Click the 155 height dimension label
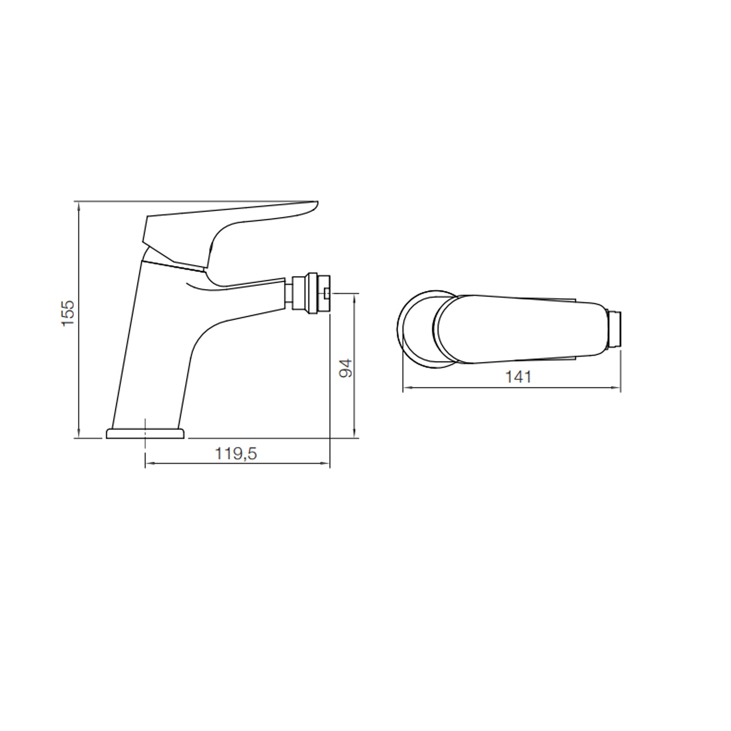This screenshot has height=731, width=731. click(68, 313)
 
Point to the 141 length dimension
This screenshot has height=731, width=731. click(518, 377)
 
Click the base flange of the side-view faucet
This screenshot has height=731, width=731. click(146, 433)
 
